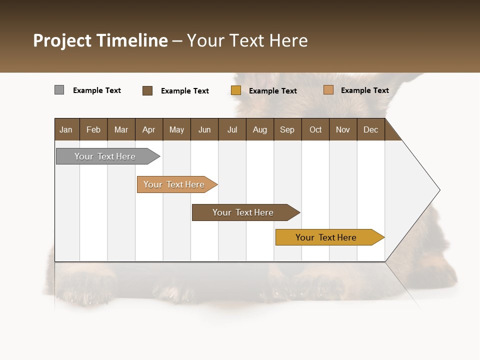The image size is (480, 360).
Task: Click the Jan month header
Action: click(x=66, y=129)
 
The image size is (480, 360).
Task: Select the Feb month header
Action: click(x=93, y=129)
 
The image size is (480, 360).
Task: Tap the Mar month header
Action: click(x=121, y=129)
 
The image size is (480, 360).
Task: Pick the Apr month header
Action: click(x=149, y=129)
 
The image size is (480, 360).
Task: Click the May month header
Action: click(x=176, y=129)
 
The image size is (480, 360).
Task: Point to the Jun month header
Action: click(x=204, y=129)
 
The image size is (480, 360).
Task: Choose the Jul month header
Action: click(x=232, y=129)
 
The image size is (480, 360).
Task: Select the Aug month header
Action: click(x=260, y=129)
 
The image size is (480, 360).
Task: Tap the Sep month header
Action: click(x=287, y=129)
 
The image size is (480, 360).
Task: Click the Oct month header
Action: click(x=315, y=129)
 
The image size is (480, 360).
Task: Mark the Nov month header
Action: click(x=343, y=129)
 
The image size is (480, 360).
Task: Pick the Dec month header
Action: click(x=371, y=129)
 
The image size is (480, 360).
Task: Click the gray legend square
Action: click(x=59, y=90)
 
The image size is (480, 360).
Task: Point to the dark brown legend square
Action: click(x=147, y=90)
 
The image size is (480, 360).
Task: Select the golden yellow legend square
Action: click(x=236, y=90)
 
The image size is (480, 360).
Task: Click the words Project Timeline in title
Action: click(x=100, y=40)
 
